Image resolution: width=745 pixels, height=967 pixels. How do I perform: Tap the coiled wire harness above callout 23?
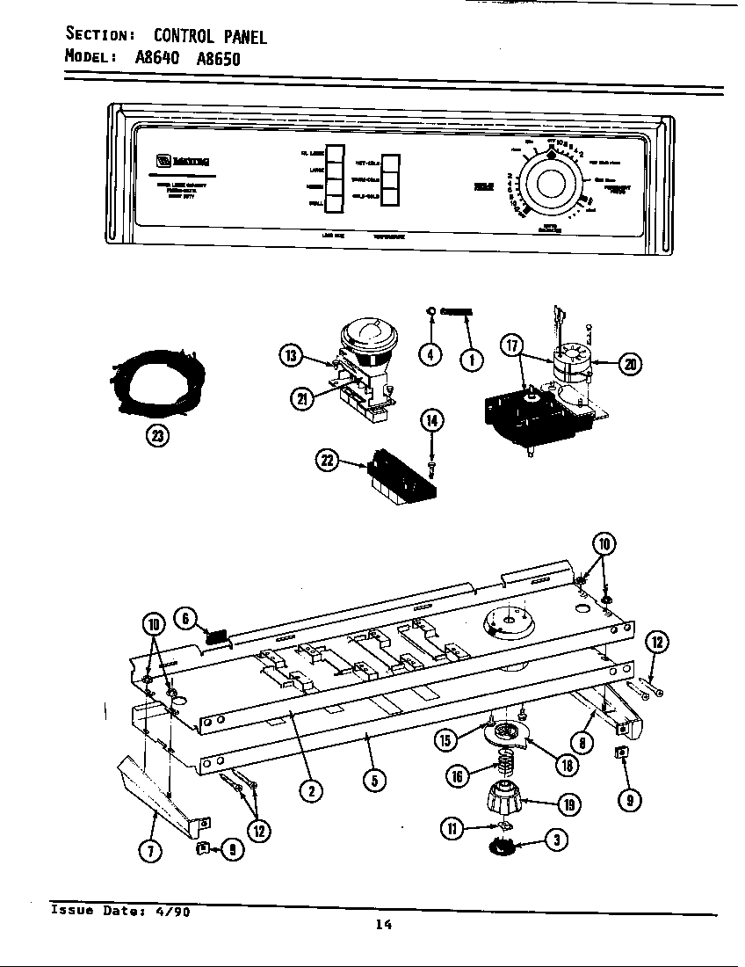click(157, 380)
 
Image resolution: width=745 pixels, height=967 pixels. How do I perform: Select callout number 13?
click(291, 356)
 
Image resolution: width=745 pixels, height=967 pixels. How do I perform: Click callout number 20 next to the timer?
click(630, 363)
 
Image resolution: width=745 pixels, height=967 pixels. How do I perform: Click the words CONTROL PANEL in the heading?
click(210, 36)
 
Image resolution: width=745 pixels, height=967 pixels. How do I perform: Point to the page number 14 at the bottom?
click(382, 924)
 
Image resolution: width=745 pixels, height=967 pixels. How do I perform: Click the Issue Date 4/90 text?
click(120, 912)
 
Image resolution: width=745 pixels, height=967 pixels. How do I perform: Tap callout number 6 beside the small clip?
click(187, 620)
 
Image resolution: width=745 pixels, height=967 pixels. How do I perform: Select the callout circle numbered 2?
click(309, 790)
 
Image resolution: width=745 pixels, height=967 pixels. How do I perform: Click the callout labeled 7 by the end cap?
click(153, 850)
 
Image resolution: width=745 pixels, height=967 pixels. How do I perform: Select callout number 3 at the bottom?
click(554, 841)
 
